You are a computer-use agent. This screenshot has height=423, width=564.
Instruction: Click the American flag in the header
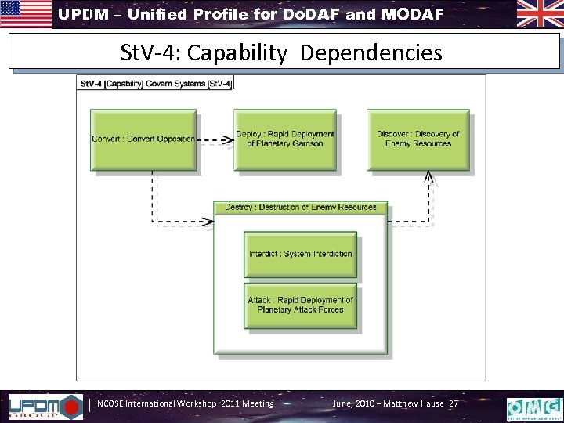(x=26, y=14)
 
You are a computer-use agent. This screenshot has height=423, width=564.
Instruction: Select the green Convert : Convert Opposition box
(x=143, y=139)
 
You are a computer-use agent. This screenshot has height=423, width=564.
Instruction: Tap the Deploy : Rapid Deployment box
(x=285, y=139)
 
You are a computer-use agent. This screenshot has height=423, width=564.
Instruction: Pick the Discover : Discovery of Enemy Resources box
(x=418, y=139)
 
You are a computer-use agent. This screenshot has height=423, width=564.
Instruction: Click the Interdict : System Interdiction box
(x=300, y=254)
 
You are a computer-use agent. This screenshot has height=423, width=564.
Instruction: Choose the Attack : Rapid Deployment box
(x=300, y=305)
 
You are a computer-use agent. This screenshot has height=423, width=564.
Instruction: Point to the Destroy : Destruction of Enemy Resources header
(x=301, y=208)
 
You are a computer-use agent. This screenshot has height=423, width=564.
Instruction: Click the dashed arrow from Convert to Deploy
(x=215, y=141)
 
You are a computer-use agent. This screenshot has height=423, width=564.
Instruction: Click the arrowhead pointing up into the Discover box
(x=428, y=178)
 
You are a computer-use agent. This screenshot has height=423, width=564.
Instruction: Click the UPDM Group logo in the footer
(x=44, y=406)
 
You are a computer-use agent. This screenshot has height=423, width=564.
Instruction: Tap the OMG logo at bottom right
(x=534, y=407)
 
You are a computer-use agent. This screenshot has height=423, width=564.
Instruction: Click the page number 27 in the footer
(x=453, y=403)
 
